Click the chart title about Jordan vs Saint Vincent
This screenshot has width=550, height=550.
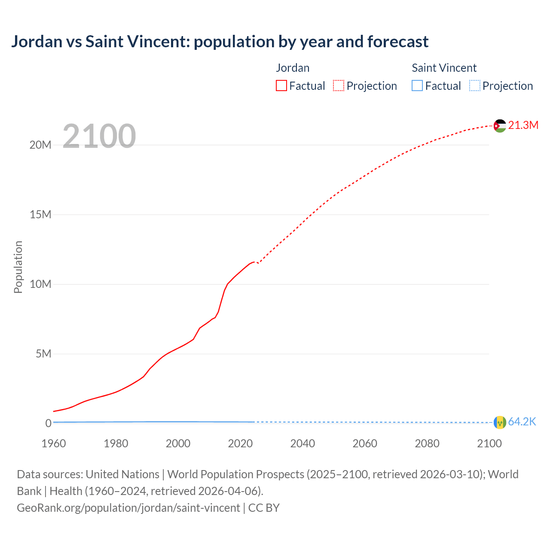point(220,42)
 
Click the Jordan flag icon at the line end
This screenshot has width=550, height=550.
point(500,125)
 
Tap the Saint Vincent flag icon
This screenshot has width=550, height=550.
point(500,422)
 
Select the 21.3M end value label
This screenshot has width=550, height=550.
point(523,125)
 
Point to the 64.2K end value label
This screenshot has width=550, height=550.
point(522,422)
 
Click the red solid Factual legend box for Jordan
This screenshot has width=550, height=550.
point(281,86)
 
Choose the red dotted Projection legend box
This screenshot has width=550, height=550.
point(339,86)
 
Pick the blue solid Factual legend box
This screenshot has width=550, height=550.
point(417,86)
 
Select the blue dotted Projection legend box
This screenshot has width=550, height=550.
point(475,86)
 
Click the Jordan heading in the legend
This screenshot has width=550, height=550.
point(293,68)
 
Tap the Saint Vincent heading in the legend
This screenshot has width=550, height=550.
point(444,68)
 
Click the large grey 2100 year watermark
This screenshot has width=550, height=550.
point(99,136)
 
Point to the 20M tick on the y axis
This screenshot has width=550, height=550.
point(40,145)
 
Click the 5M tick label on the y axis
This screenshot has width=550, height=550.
point(43,354)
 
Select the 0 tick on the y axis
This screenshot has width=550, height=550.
point(48,424)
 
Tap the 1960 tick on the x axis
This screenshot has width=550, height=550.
point(54,443)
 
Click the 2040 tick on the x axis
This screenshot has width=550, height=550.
point(302,443)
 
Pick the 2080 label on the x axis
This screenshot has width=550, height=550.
point(427,443)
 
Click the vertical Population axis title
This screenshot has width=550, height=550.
point(18,267)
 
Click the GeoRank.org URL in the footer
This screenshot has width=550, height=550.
point(128,508)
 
